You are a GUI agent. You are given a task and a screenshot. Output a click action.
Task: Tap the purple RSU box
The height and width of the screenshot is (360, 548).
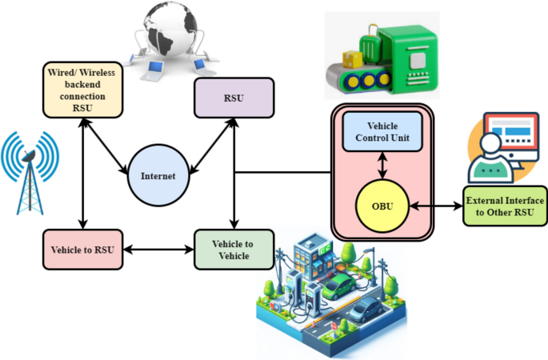pos(234,98)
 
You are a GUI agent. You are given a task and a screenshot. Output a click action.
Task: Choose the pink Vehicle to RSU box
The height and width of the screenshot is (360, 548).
pos(82,250)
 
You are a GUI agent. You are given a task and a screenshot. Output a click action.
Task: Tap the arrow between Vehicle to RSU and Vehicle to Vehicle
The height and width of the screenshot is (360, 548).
pos(157,250)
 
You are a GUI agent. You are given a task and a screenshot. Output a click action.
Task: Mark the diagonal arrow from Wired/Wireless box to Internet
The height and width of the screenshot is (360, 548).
pos(110,144)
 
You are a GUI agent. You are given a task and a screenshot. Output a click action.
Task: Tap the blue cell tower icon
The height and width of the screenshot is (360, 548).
pos(30,172)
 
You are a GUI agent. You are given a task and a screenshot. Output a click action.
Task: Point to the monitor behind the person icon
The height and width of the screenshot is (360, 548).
pos(512,141)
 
